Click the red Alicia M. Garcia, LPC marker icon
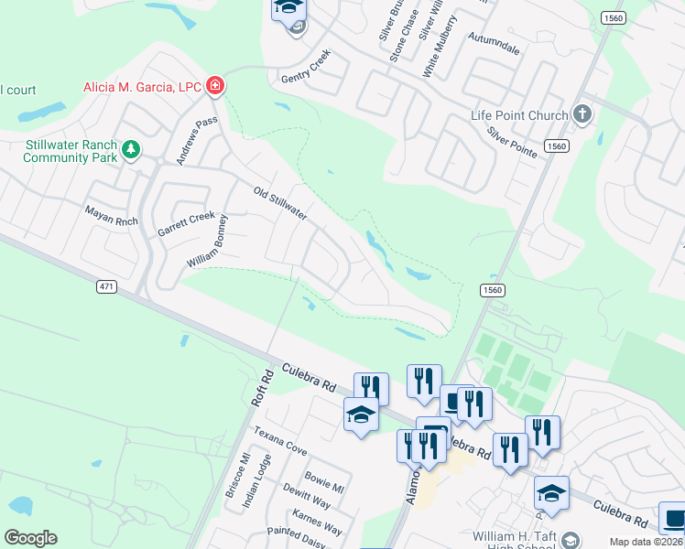pos(216,86)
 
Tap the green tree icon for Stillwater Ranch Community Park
pos(131,148)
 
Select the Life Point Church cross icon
pos(582,114)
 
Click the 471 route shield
pos(107,286)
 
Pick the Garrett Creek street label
pos(186,222)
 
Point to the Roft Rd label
pos(261,388)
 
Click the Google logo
pos(30,538)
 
